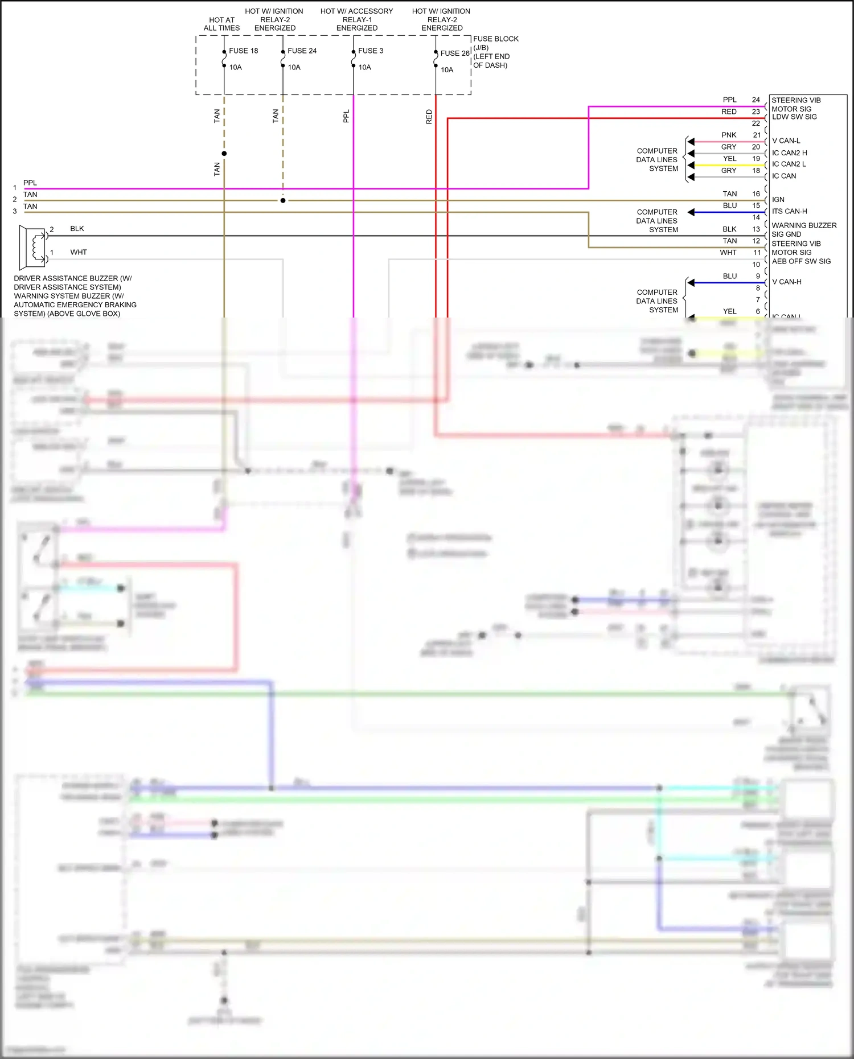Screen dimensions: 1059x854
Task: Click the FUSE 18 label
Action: tap(243, 51)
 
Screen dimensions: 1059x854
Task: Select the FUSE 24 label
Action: tap(302, 51)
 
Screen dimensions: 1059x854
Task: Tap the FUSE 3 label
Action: tap(371, 51)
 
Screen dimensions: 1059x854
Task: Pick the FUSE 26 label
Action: tap(454, 53)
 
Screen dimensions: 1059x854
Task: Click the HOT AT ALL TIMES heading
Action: tap(221, 24)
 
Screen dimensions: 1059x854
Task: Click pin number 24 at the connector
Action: tap(756, 100)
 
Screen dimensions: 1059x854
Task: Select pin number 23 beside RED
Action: tap(756, 112)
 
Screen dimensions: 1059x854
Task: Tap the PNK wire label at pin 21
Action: tap(729, 135)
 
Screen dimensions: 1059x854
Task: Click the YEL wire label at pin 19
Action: tap(729, 159)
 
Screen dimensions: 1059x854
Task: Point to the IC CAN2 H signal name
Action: tap(789, 153)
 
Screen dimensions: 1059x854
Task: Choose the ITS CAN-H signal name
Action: tap(789, 211)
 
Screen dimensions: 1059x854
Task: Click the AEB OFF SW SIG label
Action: tap(801, 261)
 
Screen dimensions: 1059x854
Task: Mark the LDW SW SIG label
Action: tap(794, 117)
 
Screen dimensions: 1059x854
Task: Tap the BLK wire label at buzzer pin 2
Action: tap(77, 229)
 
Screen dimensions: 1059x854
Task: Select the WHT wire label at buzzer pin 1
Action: tap(78, 252)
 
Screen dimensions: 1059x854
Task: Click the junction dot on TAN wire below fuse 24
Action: tap(283, 200)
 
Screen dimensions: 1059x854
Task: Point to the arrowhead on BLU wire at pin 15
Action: tap(691, 212)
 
